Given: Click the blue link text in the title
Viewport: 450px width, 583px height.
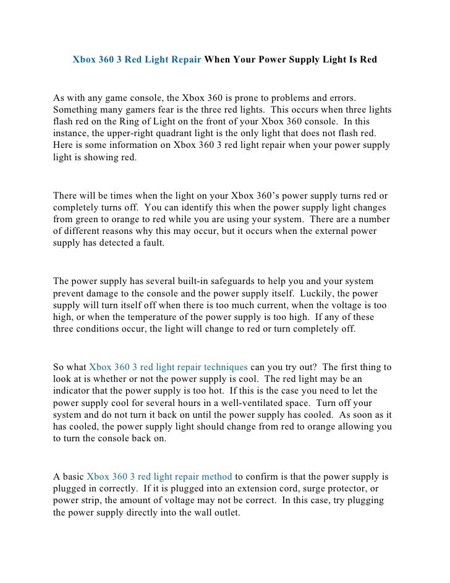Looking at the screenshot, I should (137, 61).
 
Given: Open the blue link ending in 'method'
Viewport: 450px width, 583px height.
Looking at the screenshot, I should (159, 477).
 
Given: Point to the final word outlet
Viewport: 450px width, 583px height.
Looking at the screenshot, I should (226, 512).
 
